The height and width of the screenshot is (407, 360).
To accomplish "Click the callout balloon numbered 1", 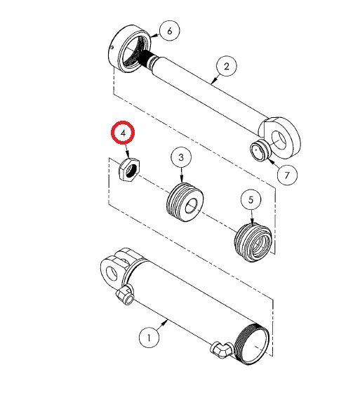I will pyautogui.click(x=148, y=338).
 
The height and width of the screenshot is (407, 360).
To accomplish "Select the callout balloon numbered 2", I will pyautogui.click(x=226, y=67).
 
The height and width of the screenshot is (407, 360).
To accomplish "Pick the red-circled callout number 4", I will pyautogui.click(x=124, y=133).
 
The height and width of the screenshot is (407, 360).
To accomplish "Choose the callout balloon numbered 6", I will pyautogui.click(x=170, y=30).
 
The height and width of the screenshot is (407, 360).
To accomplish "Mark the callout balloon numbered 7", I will pyautogui.click(x=286, y=173).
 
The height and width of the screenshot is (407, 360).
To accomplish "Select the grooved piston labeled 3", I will pyautogui.click(x=184, y=199).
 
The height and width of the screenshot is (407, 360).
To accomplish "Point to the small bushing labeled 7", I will pyautogui.click(x=262, y=149).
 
